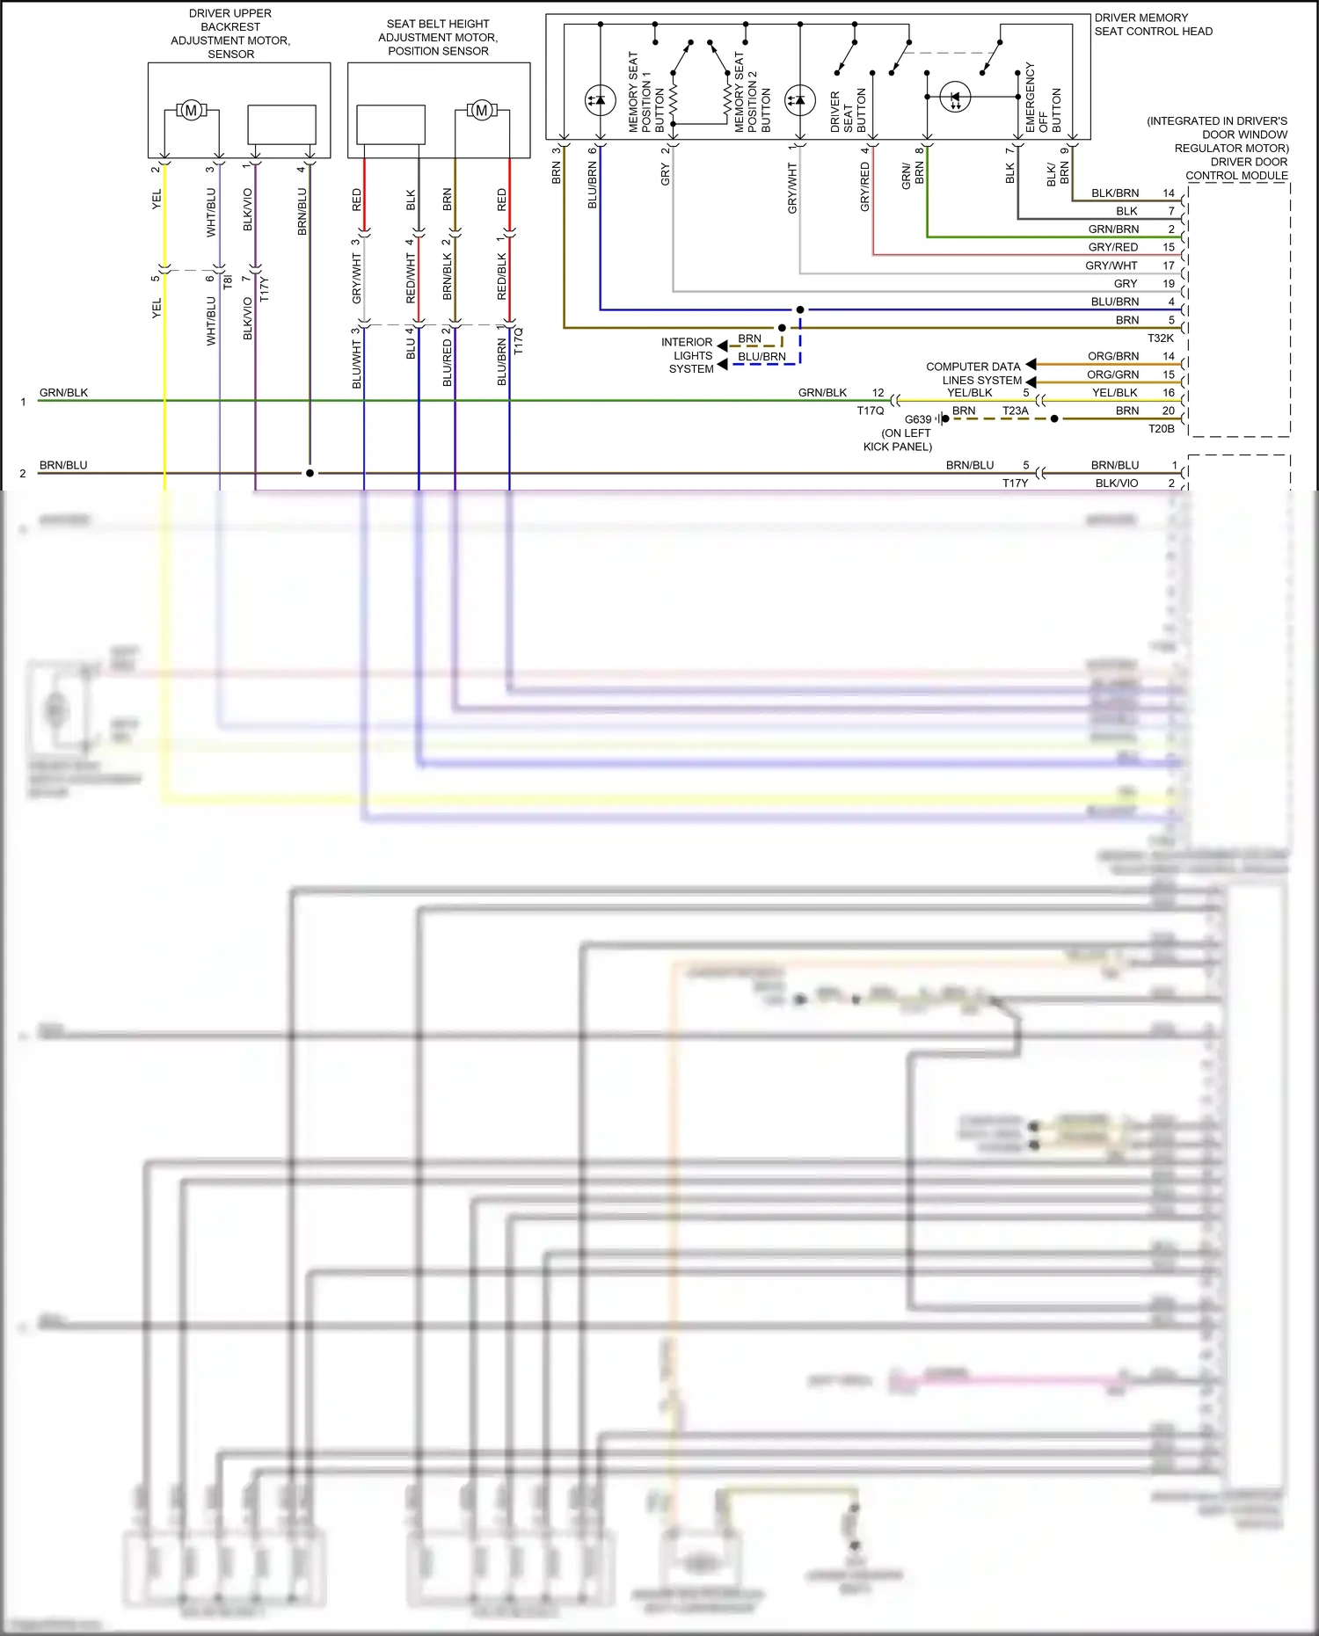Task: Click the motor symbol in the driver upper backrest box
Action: pyautogui.click(x=191, y=111)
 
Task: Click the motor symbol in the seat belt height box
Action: pyautogui.click(x=481, y=111)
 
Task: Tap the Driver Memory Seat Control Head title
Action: pyautogui.click(x=1153, y=25)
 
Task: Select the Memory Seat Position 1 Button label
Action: pyautogui.click(x=646, y=93)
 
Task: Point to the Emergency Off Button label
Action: pyautogui.click(x=1043, y=98)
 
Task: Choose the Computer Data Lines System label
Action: pyautogui.click(x=973, y=374)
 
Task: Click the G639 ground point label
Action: pyautogui.click(x=917, y=420)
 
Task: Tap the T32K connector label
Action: pyautogui.click(x=1160, y=338)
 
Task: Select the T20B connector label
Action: pyautogui.click(x=1161, y=429)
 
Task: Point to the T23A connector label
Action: pyautogui.click(x=1015, y=411)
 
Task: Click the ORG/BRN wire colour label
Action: pyautogui.click(x=1112, y=357)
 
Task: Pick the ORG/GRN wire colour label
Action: pyautogui.click(x=1112, y=375)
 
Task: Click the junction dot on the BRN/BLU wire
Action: pyautogui.click(x=310, y=473)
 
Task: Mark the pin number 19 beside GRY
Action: pyautogui.click(x=1168, y=284)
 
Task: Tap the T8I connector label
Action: pyautogui.click(x=227, y=282)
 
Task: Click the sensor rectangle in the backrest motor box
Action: pyautogui.click(x=281, y=125)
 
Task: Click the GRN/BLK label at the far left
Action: pyautogui.click(x=63, y=393)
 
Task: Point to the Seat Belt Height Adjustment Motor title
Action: pyautogui.click(x=438, y=38)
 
